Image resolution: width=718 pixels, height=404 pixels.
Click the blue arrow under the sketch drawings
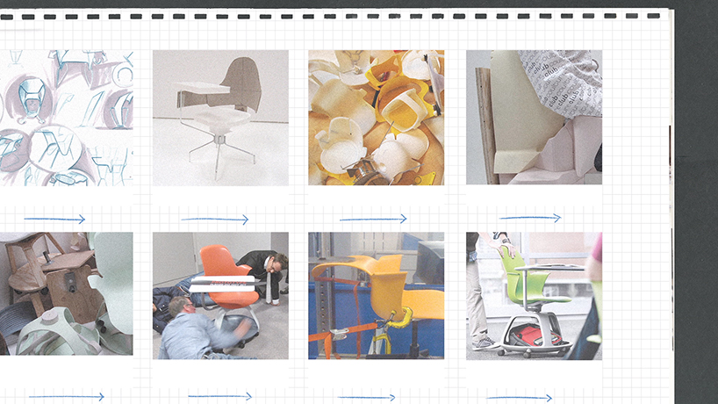point(54,219)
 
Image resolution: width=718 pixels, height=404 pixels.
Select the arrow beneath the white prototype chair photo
point(215,219)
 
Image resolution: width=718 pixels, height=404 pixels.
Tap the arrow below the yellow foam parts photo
point(373,219)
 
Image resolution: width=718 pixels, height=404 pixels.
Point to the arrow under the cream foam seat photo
point(530,218)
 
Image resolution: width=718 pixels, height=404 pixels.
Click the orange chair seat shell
point(224,263)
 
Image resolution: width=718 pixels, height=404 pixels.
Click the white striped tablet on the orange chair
point(221,283)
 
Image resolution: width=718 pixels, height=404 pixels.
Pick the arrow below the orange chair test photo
point(219,396)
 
